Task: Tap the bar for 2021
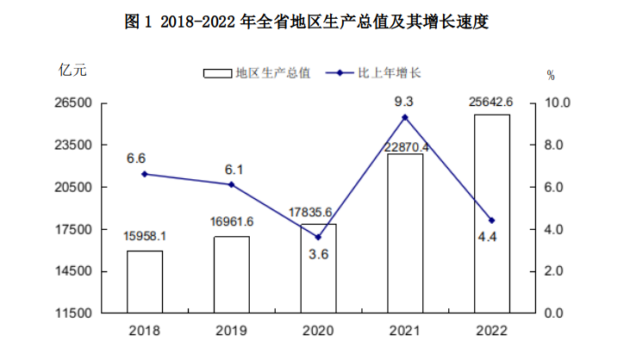pyautogui.click(x=405, y=233)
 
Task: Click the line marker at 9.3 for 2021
pyautogui.click(x=405, y=117)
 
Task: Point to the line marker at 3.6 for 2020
pyautogui.click(x=318, y=238)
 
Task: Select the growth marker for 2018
pyautogui.click(x=145, y=174)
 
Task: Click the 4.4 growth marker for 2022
pyautogui.click(x=491, y=220)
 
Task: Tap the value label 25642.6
pyautogui.click(x=491, y=102)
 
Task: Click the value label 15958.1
pyautogui.click(x=145, y=235)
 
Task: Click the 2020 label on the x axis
pyautogui.click(x=318, y=331)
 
